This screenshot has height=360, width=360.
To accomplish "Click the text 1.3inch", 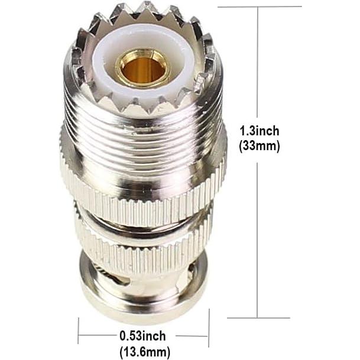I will coord(259,131).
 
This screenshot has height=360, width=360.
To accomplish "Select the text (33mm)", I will coord(259,146).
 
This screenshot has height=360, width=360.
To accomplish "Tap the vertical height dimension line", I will coord(258,236).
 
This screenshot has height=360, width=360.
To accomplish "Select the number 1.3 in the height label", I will coord(247,131).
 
